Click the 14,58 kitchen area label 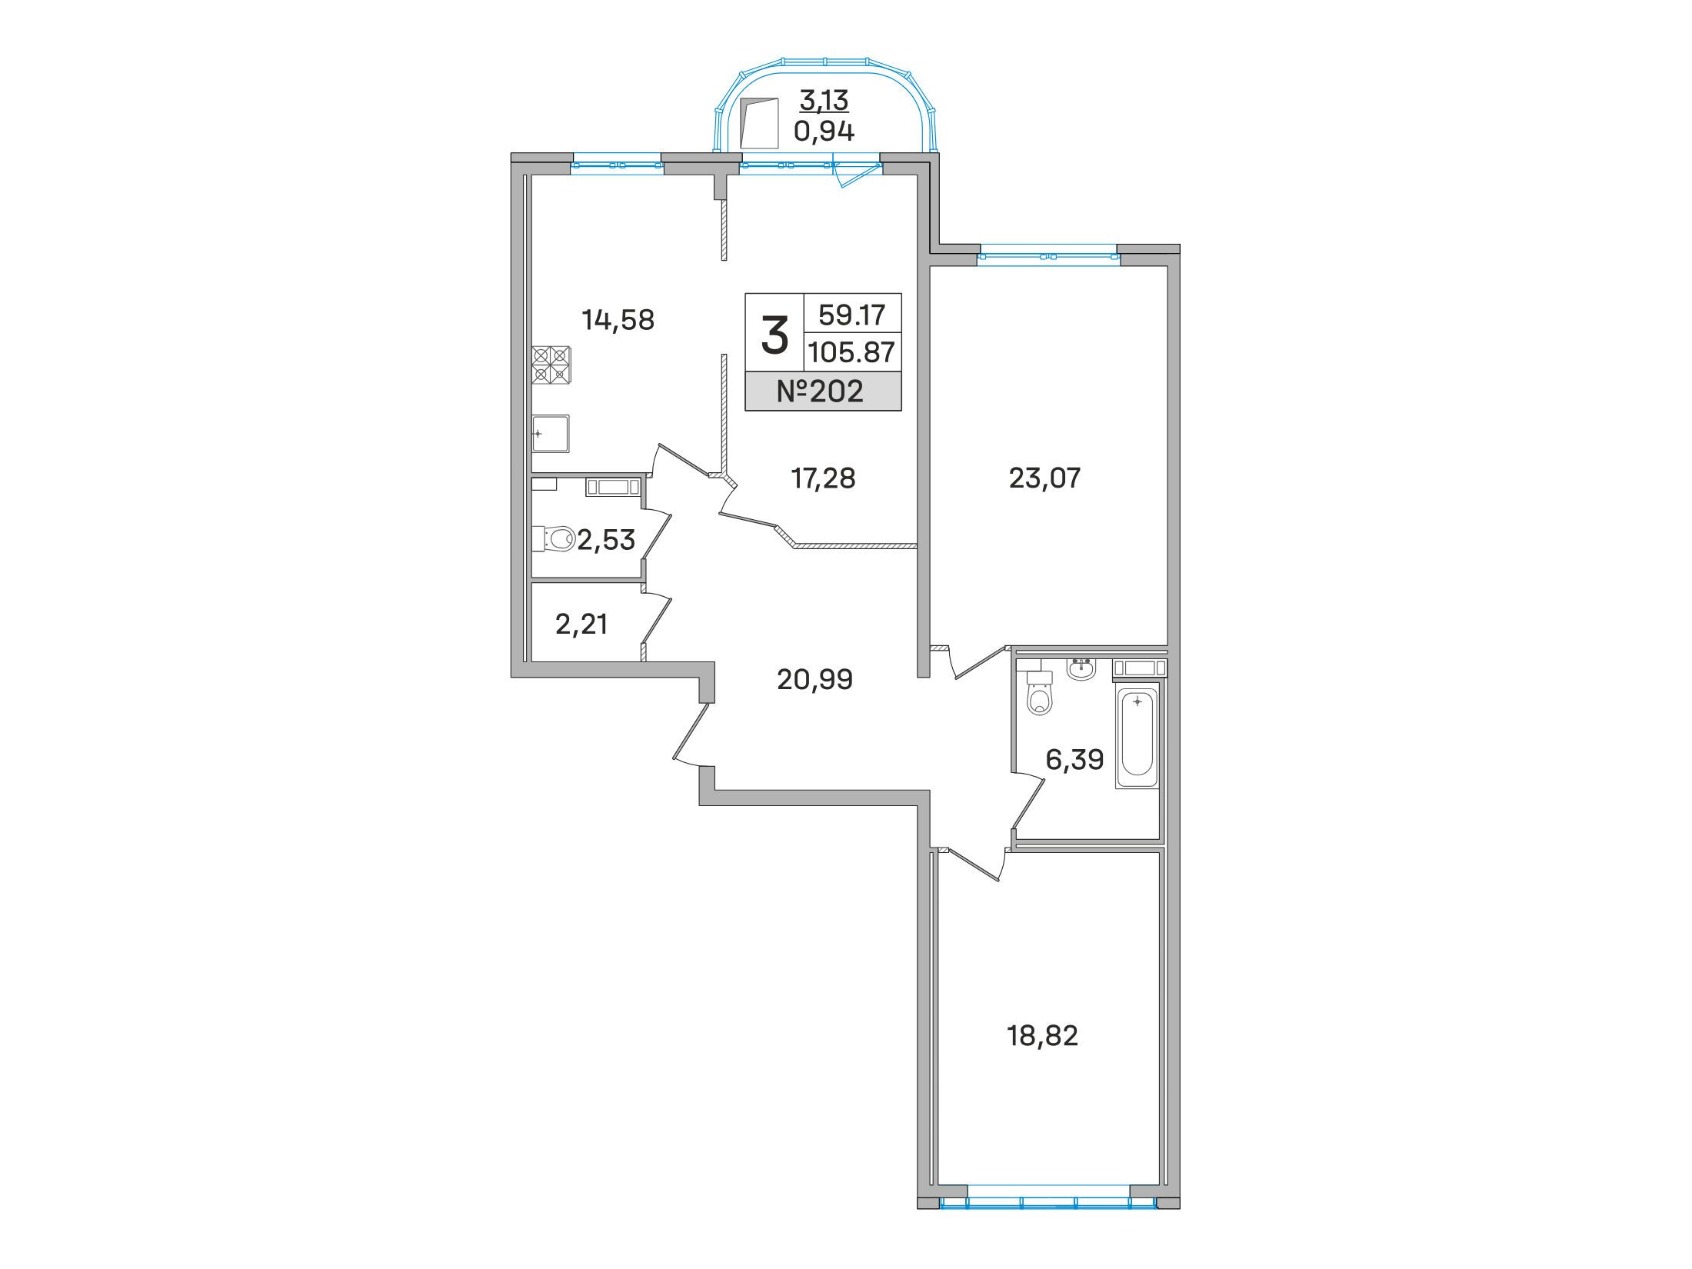(618, 319)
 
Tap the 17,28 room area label (823, 478)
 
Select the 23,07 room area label (1044, 478)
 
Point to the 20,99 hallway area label (815, 679)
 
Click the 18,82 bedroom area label (1043, 1036)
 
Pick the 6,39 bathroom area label (1074, 760)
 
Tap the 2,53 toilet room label (606, 540)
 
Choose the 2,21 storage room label (581, 624)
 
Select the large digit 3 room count (774, 336)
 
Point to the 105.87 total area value (851, 352)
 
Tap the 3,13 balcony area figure (824, 100)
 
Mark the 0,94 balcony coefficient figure (824, 132)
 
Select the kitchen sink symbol (551, 435)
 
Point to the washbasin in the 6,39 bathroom (1082, 668)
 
